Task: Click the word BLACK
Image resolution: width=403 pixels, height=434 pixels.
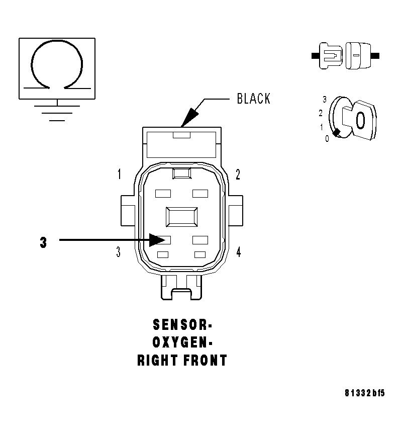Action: (x=253, y=99)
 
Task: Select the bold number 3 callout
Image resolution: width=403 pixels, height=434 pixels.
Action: (x=44, y=242)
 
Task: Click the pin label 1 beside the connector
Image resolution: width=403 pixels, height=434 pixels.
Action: (x=119, y=175)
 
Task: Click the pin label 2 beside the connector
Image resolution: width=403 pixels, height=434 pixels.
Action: (x=238, y=175)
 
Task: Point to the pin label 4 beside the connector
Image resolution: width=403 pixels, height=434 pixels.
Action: (x=238, y=252)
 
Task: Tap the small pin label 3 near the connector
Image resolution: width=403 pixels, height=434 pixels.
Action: (x=119, y=252)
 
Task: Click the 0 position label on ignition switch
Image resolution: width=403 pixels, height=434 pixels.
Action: (x=327, y=139)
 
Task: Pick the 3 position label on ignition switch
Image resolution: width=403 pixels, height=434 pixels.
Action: (x=325, y=100)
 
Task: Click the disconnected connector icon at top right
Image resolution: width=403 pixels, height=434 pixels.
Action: (x=346, y=55)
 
